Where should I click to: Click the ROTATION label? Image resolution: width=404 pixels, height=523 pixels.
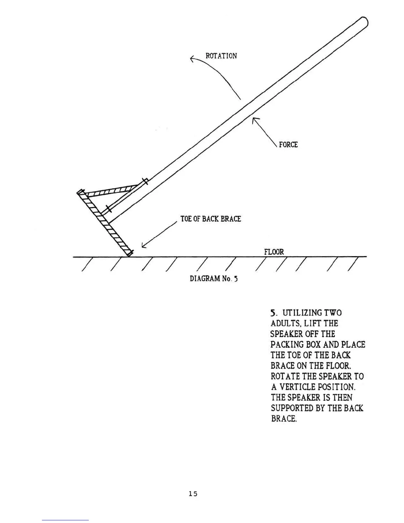[x=221, y=55]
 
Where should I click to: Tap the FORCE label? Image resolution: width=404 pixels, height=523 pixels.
[x=288, y=145]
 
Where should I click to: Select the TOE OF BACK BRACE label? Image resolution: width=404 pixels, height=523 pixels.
[x=211, y=219]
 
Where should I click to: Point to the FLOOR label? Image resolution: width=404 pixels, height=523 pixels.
[x=274, y=252]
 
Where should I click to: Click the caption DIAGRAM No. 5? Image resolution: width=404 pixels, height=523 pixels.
[x=214, y=278]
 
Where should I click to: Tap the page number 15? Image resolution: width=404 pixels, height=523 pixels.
[x=193, y=494]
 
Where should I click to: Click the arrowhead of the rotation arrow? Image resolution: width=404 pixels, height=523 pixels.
[x=192, y=59]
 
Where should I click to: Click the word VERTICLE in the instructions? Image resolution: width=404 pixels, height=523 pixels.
[x=301, y=387]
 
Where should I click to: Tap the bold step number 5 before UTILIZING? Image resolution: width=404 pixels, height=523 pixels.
[x=273, y=313]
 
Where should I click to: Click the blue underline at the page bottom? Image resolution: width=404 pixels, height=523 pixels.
[x=65, y=520]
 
